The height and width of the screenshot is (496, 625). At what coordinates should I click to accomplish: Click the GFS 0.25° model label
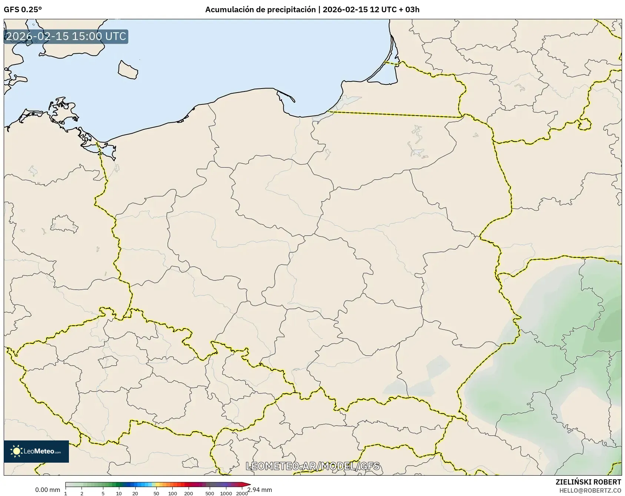point(23,10)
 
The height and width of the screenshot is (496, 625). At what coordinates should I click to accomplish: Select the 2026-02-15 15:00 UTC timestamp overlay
point(66,37)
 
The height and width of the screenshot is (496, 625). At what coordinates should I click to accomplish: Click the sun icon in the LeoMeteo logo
point(16,451)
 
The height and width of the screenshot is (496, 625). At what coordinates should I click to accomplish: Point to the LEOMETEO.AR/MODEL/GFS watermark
point(313,466)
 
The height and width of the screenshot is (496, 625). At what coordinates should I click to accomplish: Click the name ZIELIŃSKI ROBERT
point(588,482)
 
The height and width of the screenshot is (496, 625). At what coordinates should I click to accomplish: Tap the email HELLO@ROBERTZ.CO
point(590,490)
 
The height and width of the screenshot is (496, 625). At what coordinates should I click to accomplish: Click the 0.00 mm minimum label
point(47,490)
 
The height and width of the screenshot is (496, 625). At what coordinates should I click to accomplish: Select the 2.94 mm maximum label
point(259,490)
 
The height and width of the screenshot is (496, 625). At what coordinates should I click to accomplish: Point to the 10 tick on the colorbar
point(119,493)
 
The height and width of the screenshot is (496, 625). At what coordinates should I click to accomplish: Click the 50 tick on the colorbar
point(156,493)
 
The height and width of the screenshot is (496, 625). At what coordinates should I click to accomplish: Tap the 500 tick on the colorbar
point(210,493)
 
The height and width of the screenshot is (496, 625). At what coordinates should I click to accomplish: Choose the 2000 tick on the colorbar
point(242,493)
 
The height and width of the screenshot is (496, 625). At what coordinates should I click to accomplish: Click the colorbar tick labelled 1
point(66,493)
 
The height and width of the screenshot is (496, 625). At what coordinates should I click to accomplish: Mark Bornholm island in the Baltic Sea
point(127,70)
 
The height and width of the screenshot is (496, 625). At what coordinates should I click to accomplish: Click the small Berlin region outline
point(64,224)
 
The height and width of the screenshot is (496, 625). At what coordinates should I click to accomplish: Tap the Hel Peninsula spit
point(286,96)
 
